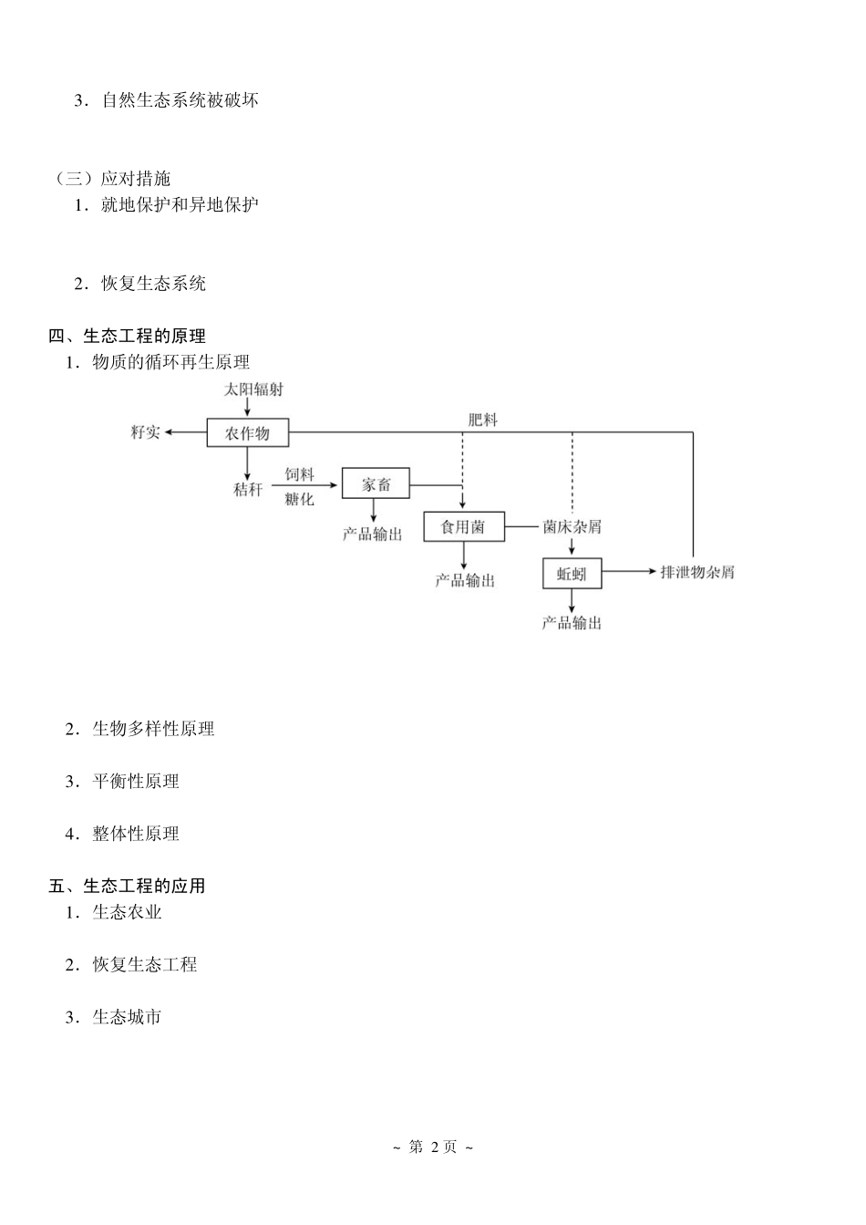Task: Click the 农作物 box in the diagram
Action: pos(247,432)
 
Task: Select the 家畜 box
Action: pos(376,484)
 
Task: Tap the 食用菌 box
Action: pos(463,527)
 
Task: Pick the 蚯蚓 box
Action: pos(572,574)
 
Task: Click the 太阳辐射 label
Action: pos(253,389)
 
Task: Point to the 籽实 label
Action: pos(146,432)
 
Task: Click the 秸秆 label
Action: pos(247,490)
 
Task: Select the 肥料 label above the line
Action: pos(482,420)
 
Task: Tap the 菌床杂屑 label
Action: pos(572,527)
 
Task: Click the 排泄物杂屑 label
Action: pos(696,573)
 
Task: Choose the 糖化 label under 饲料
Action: pos(299,499)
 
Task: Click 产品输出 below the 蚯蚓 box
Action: pos(572,624)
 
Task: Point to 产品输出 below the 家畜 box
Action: pos(372,535)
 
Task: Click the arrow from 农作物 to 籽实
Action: pos(186,432)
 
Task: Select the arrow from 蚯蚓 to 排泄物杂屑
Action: pos(629,573)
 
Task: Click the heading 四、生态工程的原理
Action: pos(127,337)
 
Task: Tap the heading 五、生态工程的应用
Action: pos(127,886)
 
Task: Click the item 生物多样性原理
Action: pos(153,729)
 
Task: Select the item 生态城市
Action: pos(127,1017)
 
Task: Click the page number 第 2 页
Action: pos(433,1147)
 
